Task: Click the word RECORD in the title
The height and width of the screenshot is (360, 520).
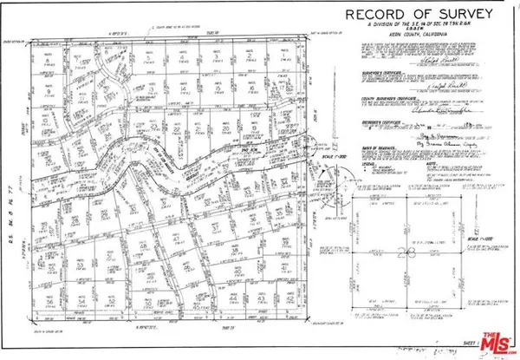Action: click(x=370, y=16)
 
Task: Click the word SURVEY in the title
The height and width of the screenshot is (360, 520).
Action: click(x=447, y=16)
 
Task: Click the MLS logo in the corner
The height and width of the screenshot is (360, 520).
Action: click(x=495, y=341)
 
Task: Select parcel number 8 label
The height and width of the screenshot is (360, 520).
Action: click(x=50, y=93)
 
